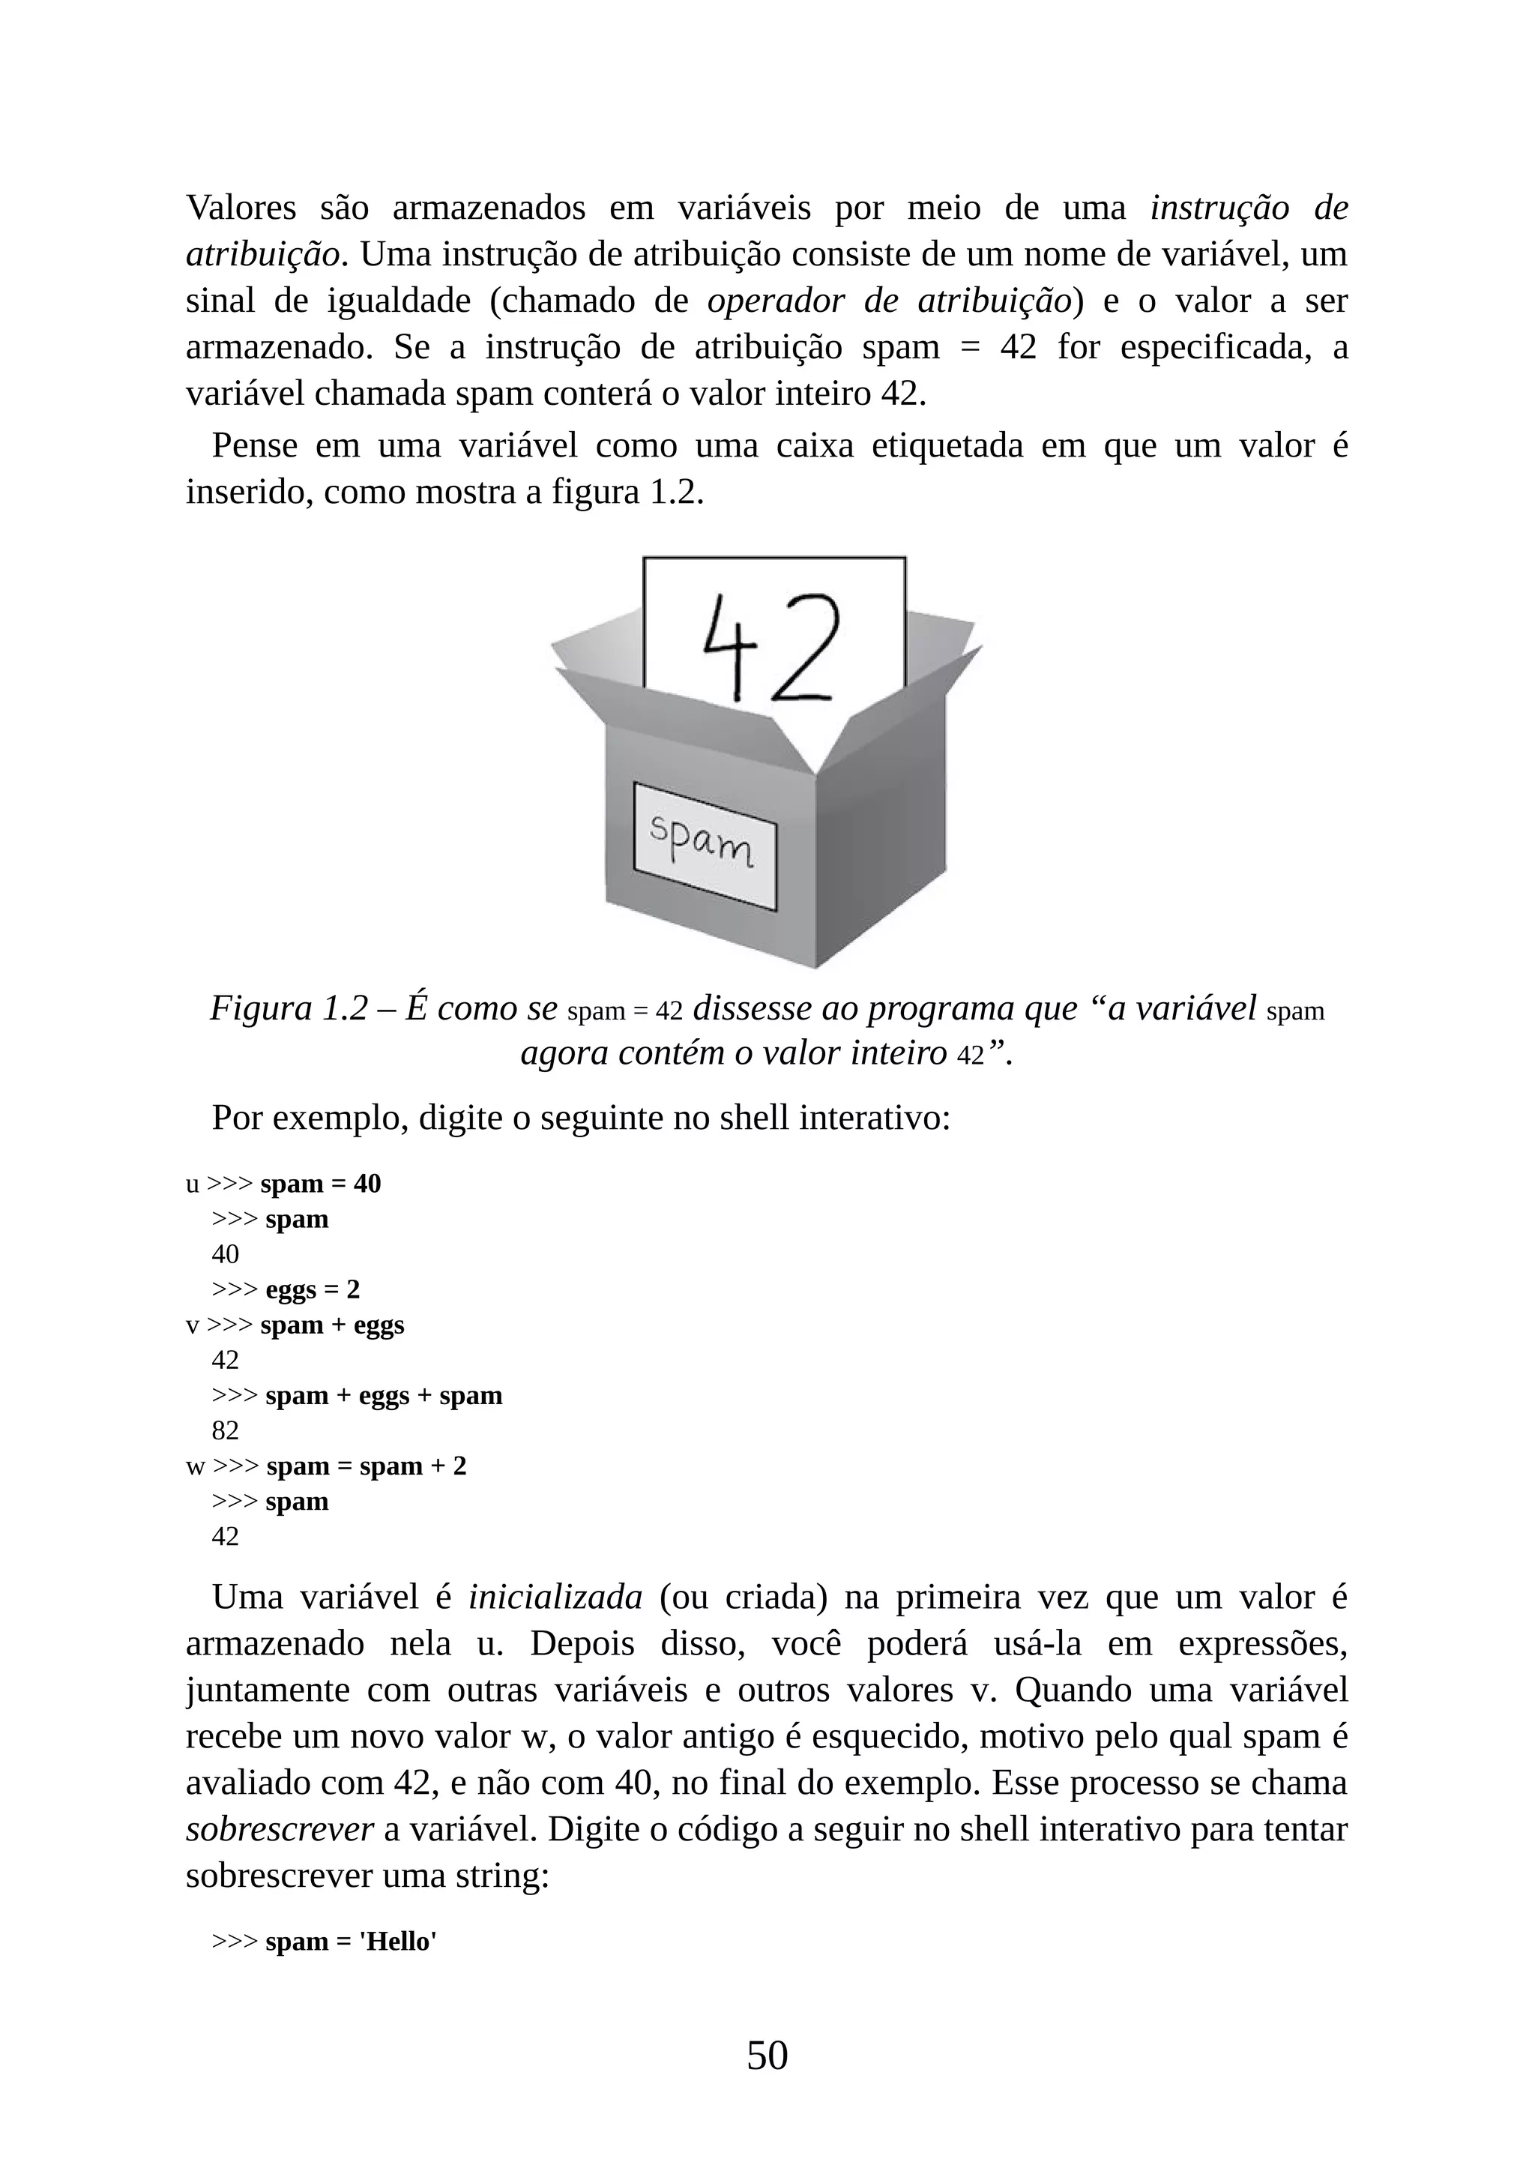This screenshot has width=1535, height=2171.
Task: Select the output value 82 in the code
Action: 225,1430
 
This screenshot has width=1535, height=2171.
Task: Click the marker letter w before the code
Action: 195,1466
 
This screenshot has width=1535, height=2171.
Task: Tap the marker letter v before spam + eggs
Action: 192,1325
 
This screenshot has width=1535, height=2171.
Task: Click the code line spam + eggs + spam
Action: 383,1396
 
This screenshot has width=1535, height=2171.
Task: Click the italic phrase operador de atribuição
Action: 890,301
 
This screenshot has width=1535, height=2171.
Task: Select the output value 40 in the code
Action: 225,1255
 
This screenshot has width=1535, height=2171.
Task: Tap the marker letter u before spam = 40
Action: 192,1184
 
